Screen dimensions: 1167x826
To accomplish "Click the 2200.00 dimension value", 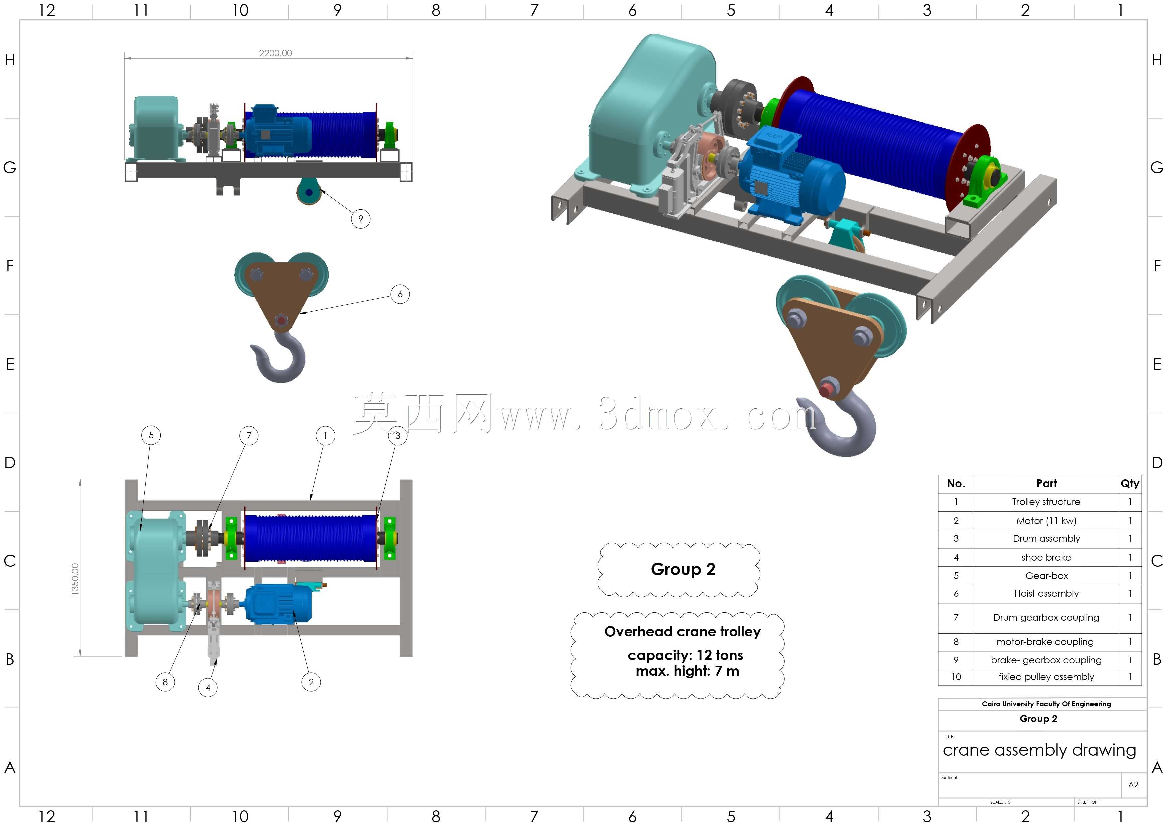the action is (x=275, y=53).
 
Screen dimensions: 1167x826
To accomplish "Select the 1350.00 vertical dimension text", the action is (x=75, y=579).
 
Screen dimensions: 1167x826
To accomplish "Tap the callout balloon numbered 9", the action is (x=360, y=219).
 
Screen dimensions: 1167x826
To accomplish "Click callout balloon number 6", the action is (x=400, y=294).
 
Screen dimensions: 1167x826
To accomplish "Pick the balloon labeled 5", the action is (x=151, y=435).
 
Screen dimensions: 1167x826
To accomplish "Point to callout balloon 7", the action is (x=249, y=436).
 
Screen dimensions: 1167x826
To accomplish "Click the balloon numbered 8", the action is (x=165, y=682).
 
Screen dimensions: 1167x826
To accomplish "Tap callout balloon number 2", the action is (x=311, y=682).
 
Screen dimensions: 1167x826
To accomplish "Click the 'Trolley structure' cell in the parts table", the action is (x=1046, y=502).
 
